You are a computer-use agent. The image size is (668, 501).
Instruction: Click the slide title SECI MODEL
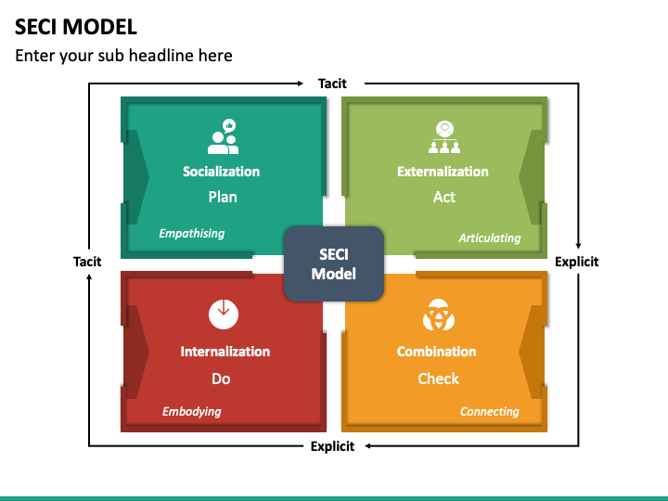pos(76,26)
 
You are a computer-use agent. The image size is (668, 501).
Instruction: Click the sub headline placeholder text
pos(123,56)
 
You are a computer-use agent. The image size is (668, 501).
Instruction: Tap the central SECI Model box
pos(333,263)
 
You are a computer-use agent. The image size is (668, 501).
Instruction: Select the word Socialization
pos(221,172)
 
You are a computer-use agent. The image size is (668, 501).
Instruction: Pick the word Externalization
pos(443,172)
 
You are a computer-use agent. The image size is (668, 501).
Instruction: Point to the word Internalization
pos(225,352)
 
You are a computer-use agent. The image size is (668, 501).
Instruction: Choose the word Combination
pos(436,352)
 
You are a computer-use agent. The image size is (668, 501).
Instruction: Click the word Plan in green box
pos(223,197)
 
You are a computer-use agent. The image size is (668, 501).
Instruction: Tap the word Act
pos(444,197)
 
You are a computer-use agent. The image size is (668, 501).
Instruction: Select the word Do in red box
pos(221,379)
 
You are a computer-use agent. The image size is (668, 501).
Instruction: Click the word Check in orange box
pos(438,379)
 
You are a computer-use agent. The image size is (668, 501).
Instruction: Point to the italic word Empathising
pos(191,233)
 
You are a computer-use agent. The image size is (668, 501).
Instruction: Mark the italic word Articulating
pos(490,238)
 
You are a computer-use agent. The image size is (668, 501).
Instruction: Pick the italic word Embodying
pos(191,411)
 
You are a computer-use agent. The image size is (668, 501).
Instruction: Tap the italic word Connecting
pos(490,411)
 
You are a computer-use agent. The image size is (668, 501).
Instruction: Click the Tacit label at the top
pos(332,83)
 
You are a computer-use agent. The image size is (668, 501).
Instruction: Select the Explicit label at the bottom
pos(332,446)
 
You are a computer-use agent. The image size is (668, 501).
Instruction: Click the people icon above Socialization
pos(223,136)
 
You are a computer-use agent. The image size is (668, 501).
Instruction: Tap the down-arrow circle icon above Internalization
pos(223,315)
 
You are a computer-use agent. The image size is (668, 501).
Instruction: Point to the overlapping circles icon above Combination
pos(437,315)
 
